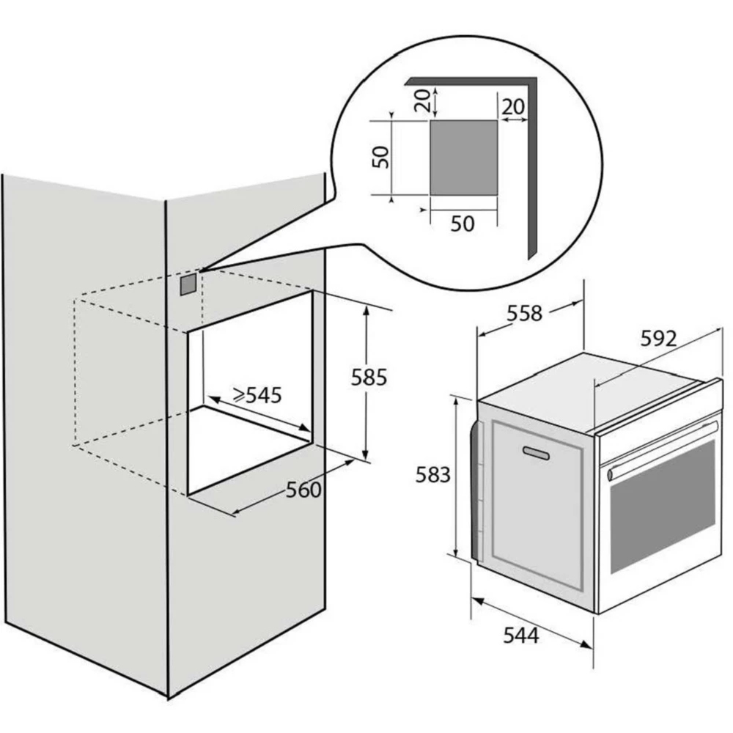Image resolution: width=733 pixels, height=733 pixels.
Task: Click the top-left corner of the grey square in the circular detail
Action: point(430,120)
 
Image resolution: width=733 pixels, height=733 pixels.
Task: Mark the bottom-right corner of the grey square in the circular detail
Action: point(498,196)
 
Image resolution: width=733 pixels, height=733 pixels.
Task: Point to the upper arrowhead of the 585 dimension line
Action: point(366,310)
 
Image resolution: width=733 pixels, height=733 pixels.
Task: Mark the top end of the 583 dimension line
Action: point(456,397)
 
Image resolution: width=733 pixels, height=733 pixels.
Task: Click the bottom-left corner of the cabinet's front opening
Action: point(188,495)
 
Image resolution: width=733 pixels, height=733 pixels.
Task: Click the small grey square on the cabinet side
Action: point(188,284)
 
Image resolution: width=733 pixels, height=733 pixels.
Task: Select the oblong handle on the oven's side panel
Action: point(536,452)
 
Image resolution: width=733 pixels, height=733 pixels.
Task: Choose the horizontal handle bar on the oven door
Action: point(662,451)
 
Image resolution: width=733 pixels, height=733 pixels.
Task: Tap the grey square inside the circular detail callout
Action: point(464,158)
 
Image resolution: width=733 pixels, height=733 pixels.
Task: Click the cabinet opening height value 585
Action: point(369,377)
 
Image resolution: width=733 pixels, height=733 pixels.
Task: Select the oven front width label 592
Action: point(658,339)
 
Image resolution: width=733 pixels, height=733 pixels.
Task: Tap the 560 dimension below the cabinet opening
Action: point(303,490)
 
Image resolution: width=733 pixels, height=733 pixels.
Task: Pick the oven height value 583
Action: point(433,475)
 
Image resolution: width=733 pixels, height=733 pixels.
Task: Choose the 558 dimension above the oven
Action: point(525,313)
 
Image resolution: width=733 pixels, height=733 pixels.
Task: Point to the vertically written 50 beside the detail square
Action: point(380,157)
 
